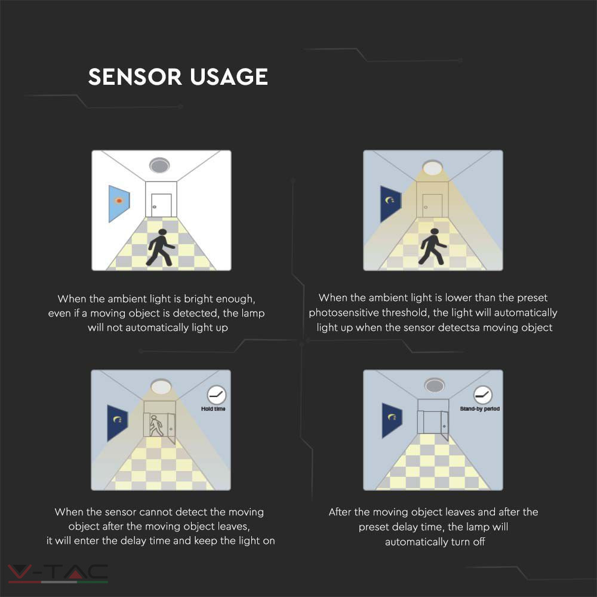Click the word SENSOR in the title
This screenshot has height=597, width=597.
pos(135,76)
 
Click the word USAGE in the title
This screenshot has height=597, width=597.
pos(229,76)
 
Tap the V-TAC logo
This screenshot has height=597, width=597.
pos(58,573)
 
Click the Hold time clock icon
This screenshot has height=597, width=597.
pos(217,395)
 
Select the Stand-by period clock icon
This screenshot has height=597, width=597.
pos(483,395)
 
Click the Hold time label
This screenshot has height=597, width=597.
pos(213,409)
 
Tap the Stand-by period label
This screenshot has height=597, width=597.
pos(480,409)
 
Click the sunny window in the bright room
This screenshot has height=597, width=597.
pos(119,204)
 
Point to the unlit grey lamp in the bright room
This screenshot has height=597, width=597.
pos(159,165)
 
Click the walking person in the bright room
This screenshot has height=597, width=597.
pos(161,248)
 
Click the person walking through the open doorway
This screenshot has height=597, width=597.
pos(156,426)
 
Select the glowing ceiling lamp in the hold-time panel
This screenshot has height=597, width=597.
pos(161,386)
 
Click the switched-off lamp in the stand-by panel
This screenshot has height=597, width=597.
pos(435,385)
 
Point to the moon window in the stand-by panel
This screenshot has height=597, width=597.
pos(392,420)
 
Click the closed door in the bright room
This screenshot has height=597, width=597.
pos(161,205)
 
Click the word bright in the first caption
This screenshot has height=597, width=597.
pos(199,299)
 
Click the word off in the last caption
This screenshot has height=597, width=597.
pos(479,541)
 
